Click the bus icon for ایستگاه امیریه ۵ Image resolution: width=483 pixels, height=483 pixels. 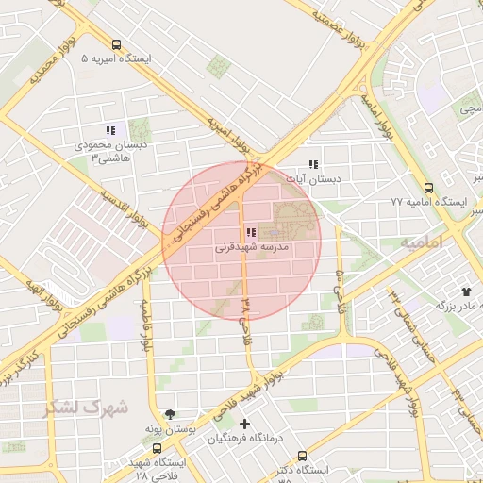pos(116,44)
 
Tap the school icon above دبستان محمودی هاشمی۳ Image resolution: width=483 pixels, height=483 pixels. pos(110,131)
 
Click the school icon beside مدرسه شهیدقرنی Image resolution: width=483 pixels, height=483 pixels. pos(250,233)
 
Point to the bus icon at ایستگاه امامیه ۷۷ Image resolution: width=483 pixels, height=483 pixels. pos(429,188)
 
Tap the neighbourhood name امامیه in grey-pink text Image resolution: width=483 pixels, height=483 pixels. pos(422,242)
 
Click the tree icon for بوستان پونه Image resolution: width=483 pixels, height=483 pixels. pos(170,414)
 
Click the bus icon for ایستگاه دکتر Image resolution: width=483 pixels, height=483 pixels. pos(302,456)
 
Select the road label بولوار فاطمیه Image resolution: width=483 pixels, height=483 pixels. pos(148,326)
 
